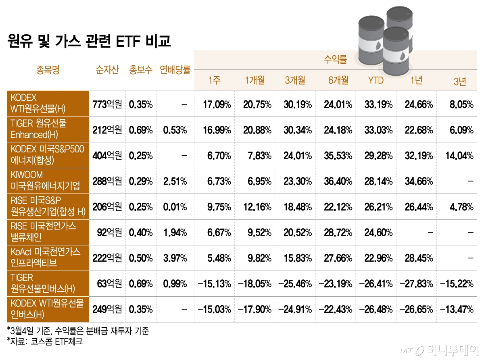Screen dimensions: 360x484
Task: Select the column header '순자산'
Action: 107,70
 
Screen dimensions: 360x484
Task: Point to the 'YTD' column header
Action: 376,80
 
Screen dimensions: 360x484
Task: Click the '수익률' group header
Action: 335,60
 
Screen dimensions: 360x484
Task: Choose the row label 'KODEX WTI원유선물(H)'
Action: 48,103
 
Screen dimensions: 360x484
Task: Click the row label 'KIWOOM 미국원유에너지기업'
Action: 48,181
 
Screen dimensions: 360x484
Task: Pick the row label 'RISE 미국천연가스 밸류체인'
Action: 48,232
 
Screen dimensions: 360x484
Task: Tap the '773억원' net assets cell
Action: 107,104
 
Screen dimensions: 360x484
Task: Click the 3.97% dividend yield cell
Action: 175,258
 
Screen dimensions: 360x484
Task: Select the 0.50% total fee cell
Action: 141,258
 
